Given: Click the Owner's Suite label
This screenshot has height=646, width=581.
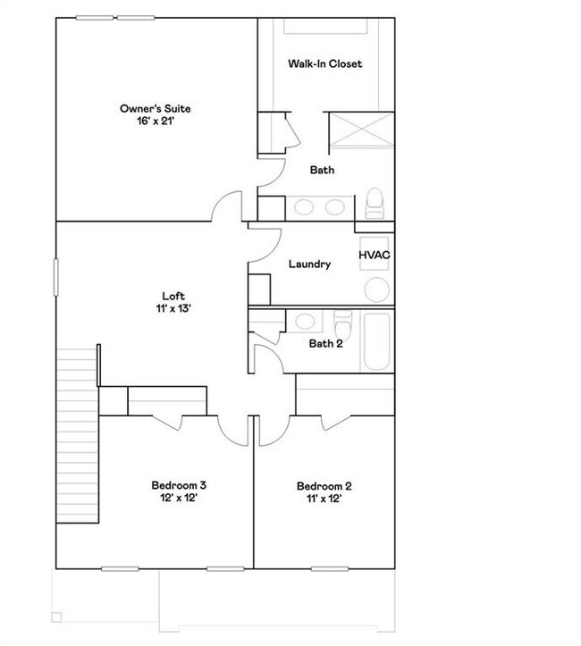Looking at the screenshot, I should (156, 109).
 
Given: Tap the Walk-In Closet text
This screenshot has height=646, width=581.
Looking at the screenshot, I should (324, 64).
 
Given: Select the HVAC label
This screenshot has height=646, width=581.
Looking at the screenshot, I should (375, 256).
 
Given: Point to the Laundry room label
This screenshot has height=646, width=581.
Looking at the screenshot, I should (310, 264).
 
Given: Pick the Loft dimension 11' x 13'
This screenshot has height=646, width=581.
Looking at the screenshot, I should (173, 308).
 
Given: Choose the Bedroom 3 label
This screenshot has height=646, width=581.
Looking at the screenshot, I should (179, 485).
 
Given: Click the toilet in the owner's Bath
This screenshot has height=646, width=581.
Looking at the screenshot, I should (375, 203).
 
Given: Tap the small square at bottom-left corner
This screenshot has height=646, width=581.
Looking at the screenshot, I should (56, 617).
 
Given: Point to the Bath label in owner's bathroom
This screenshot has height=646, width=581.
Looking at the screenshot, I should (322, 170).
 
